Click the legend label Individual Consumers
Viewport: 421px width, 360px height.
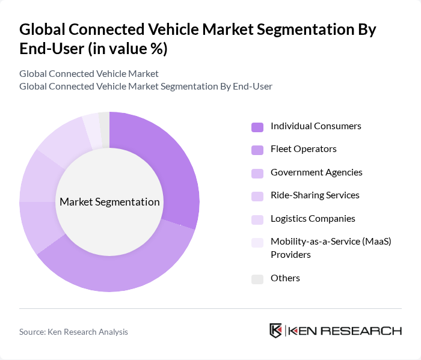point(315,126)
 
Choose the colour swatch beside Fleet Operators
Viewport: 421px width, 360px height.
point(257,150)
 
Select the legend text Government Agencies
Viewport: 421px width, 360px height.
point(316,172)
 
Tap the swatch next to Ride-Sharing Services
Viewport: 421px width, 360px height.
point(257,196)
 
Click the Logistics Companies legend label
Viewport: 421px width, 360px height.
point(313,219)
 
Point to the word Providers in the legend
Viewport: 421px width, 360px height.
point(290,255)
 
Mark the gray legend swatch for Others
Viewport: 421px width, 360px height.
point(257,279)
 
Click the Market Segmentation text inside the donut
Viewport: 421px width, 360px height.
point(109,202)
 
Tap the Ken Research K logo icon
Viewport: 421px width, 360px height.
point(275,331)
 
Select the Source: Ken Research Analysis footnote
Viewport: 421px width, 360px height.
point(73,332)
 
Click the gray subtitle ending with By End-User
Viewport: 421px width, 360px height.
point(146,87)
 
